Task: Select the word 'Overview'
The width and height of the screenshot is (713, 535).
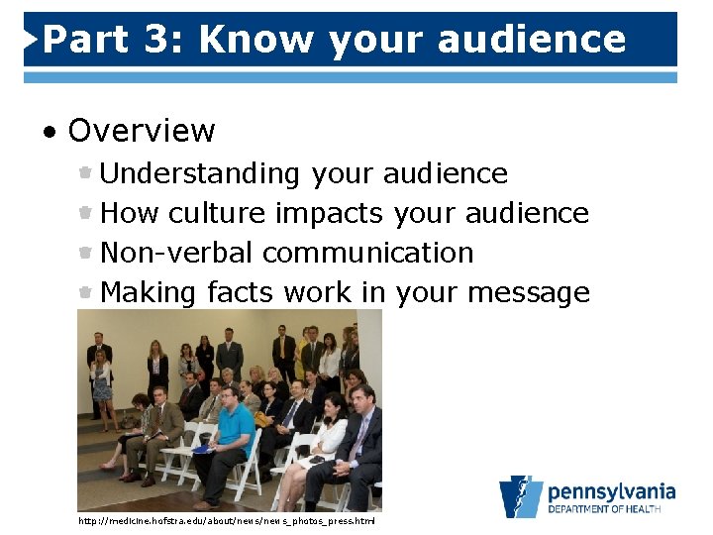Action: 142,130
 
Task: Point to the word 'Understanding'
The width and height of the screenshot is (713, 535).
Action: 200,173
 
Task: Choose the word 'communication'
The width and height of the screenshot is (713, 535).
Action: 368,253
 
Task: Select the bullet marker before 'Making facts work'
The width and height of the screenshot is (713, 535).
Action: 87,292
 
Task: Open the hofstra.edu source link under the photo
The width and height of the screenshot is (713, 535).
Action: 227,520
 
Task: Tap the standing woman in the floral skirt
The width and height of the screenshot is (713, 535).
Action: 102,381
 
